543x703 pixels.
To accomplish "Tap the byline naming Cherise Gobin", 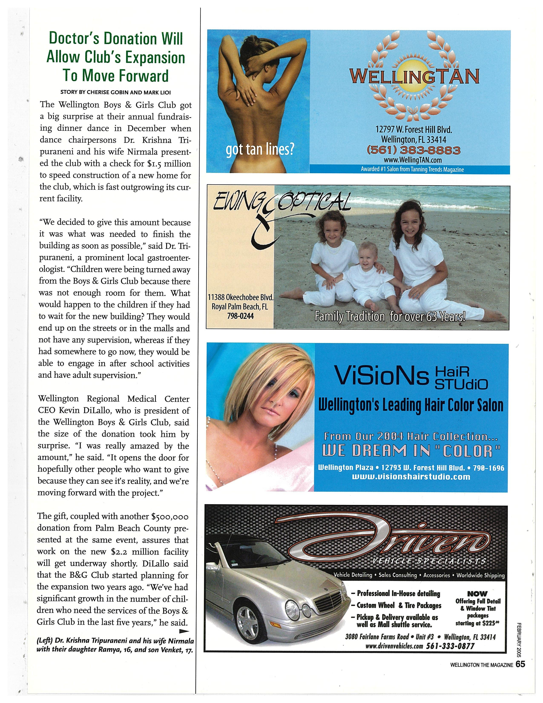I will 115,92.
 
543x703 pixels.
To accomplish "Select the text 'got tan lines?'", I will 259,150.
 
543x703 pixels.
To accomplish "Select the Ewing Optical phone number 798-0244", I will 240,316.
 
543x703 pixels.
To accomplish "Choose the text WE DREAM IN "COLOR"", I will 411,451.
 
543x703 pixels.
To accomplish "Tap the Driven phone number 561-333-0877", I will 450,646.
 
